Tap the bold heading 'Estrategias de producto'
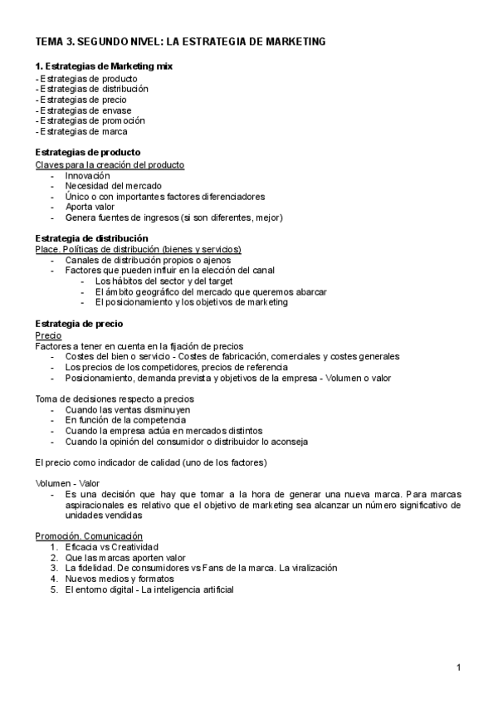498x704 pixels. tap(87, 153)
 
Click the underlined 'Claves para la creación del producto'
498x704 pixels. tap(110, 165)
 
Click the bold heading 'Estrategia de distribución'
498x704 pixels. tap(91, 237)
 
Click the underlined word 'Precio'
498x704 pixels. tap(49, 335)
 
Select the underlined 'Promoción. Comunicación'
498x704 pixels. tap(89, 536)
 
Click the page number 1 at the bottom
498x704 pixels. tap(459, 667)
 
